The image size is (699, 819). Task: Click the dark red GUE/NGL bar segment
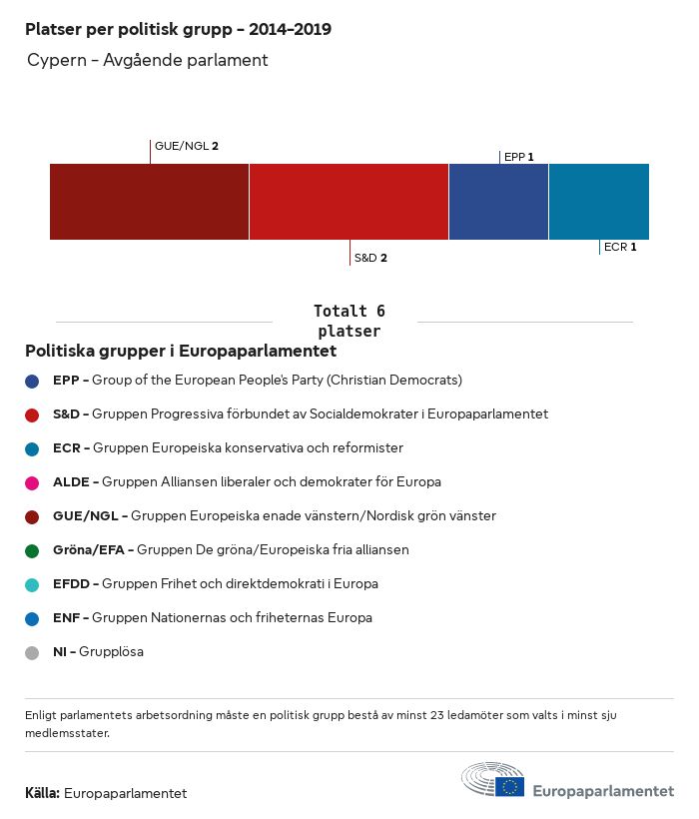(149, 202)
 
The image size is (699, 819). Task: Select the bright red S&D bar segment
(349, 202)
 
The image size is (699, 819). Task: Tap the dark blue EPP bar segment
(498, 202)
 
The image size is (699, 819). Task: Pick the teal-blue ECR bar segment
(599, 202)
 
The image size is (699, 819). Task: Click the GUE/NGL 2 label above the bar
(187, 146)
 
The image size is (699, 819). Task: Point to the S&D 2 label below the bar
(370, 258)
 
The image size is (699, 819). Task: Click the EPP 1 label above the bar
(519, 157)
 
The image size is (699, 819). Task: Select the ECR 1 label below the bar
(620, 247)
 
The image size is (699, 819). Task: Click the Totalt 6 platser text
(349, 321)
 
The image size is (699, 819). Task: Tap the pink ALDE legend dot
(32, 482)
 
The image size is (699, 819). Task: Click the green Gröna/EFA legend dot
(32, 550)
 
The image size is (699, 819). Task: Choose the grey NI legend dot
(32, 652)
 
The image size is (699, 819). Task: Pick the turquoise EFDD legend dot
(32, 584)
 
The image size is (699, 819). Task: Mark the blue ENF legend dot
(32, 618)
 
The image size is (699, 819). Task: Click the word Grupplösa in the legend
(111, 652)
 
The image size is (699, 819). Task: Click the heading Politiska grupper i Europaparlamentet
(180, 352)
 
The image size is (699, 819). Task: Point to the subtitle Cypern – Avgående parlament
(148, 60)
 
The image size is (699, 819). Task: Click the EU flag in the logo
(509, 786)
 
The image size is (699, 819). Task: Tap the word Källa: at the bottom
(42, 793)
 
